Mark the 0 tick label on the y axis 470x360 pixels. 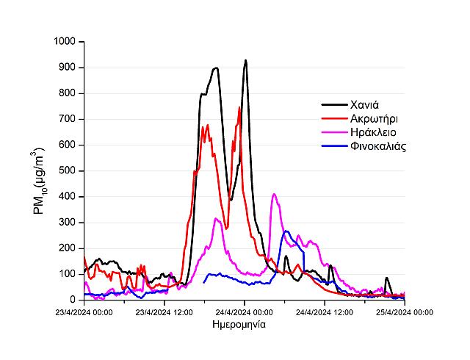click(x=74, y=300)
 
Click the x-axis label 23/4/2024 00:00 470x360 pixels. click(x=84, y=312)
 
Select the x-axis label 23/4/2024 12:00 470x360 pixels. click(x=164, y=312)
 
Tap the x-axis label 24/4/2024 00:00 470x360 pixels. click(x=244, y=312)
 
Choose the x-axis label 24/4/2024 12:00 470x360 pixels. click(x=324, y=312)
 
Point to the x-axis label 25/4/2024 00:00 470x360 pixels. click(x=404, y=312)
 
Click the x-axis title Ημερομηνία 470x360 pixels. click(x=244, y=324)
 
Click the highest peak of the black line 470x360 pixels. click(x=245, y=60)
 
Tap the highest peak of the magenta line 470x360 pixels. click(x=274, y=194)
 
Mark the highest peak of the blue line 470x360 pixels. click(x=286, y=231)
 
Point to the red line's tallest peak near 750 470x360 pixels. click(x=239, y=107)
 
